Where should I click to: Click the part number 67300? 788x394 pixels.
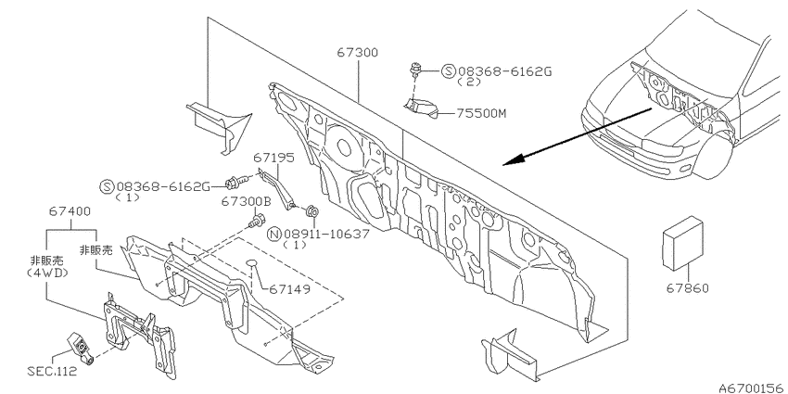coord(359,52)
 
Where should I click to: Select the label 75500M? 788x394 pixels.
coord(481,114)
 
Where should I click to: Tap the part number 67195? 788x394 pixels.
coord(273,158)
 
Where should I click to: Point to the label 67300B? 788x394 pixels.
coord(247,201)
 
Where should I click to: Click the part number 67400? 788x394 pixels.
coord(70,211)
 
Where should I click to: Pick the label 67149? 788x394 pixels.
coord(289,289)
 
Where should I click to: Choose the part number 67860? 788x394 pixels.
coord(688,288)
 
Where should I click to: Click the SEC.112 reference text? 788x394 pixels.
coord(52,372)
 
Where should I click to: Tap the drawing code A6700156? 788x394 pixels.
coord(752,388)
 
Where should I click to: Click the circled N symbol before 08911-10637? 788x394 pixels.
coord(274,234)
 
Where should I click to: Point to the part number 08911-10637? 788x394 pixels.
coord(326,234)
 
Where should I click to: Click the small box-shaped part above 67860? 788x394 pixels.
coord(682,244)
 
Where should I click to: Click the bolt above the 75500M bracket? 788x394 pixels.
coord(415,70)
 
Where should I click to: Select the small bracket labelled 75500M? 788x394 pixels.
coord(421,108)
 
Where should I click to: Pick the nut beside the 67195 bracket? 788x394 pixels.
coord(312,210)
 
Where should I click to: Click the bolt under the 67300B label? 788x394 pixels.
coord(258,220)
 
